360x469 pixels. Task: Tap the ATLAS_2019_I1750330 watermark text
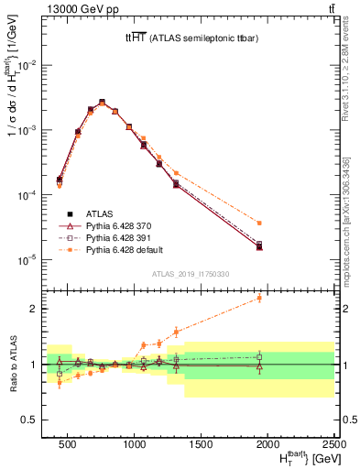[x=190, y=273]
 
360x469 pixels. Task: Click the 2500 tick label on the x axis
[x=333, y=444]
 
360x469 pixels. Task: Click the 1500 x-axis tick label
[x=202, y=444]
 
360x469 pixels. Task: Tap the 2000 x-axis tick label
[x=267, y=444]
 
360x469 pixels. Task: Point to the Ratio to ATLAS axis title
[x=13, y=364]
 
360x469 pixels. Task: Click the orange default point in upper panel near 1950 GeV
[x=259, y=223]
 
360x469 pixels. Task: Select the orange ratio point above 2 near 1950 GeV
[x=259, y=298]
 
